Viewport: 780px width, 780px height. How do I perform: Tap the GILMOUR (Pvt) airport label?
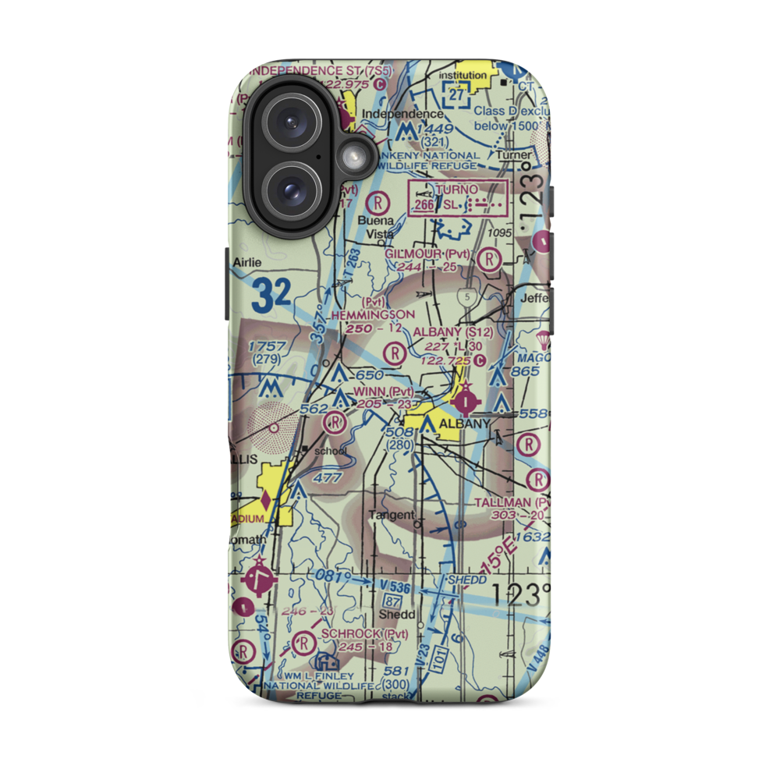tap(428, 254)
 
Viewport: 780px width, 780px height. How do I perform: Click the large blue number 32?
tap(271, 294)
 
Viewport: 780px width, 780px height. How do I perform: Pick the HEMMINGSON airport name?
tap(373, 314)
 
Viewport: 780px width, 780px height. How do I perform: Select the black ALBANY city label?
tap(465, 424)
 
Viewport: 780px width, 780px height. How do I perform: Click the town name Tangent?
tap(392, 515)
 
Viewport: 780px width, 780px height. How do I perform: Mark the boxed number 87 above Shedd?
tap(392, 601)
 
